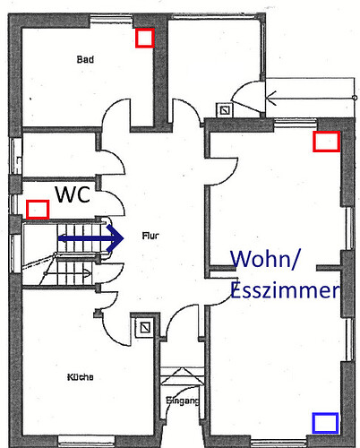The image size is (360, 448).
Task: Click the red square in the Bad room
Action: [x=145, y=38]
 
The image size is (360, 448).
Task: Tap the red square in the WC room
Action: [x=38, y=210]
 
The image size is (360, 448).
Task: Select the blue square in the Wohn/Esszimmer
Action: [x=325, y=423]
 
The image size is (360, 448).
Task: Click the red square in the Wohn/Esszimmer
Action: [x=327, y=142]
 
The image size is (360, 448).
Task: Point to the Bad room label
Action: [x=85, y=59]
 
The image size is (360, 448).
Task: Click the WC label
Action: [x=73, y=194]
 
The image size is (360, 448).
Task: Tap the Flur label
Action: [x=150, y=236]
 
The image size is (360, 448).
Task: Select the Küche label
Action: [x=80, y=377]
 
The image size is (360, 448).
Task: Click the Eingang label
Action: [x=183, y=401]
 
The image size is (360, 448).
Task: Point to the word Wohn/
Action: [x=264, y=259]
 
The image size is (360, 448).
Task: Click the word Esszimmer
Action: [x=285, y=290]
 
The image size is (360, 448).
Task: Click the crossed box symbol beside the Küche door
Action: [x=145, y=328]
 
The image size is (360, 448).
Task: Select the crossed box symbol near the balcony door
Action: [x=225, y=110]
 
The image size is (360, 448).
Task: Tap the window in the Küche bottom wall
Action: [x=86, y=439]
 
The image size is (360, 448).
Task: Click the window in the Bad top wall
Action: [x=111, y=20]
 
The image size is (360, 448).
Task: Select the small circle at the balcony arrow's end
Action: [x=355, y=98]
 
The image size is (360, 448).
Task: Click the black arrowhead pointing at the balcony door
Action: [x=271, y=98]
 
